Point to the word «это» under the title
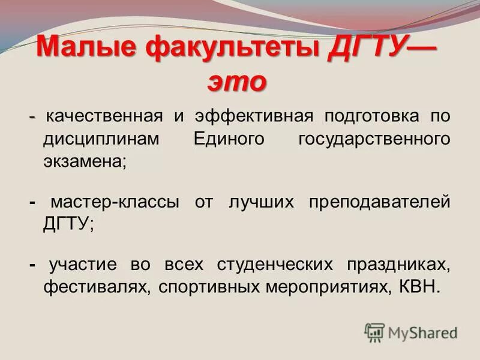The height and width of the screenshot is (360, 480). coord(236,82)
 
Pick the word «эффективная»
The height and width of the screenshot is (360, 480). coord(253,116)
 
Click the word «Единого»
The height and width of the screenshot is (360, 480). coord(230,139)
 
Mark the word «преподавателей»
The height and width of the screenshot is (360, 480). coord(379,202)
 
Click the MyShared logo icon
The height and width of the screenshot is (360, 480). coord(374,332)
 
